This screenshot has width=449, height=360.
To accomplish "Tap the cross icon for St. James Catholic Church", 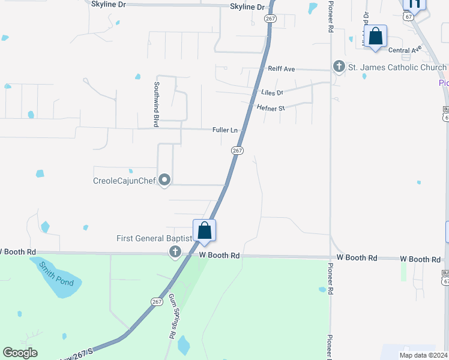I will pos(339,67).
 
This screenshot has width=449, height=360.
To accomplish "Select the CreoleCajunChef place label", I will pos(124,180).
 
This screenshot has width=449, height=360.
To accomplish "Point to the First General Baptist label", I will pos(154,239).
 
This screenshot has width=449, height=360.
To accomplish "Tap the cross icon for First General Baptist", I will pos(175,252).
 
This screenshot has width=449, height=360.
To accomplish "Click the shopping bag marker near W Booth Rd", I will pos(204,231).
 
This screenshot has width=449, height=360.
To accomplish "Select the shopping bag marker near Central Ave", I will pos(375,37).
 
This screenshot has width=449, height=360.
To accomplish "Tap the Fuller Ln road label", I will pos(225,130).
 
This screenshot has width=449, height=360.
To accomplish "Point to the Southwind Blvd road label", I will pos(157,104).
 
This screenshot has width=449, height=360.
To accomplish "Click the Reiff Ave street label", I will pos(282,69).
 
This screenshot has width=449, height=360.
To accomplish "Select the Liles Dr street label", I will pos(272,92).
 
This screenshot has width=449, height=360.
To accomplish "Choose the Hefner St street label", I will pos(270,108).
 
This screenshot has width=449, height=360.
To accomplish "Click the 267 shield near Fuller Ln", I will pos(237,151).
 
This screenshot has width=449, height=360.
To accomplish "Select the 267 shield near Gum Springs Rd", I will pos(157,301).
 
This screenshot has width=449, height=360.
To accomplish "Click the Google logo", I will pos(20,353).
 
